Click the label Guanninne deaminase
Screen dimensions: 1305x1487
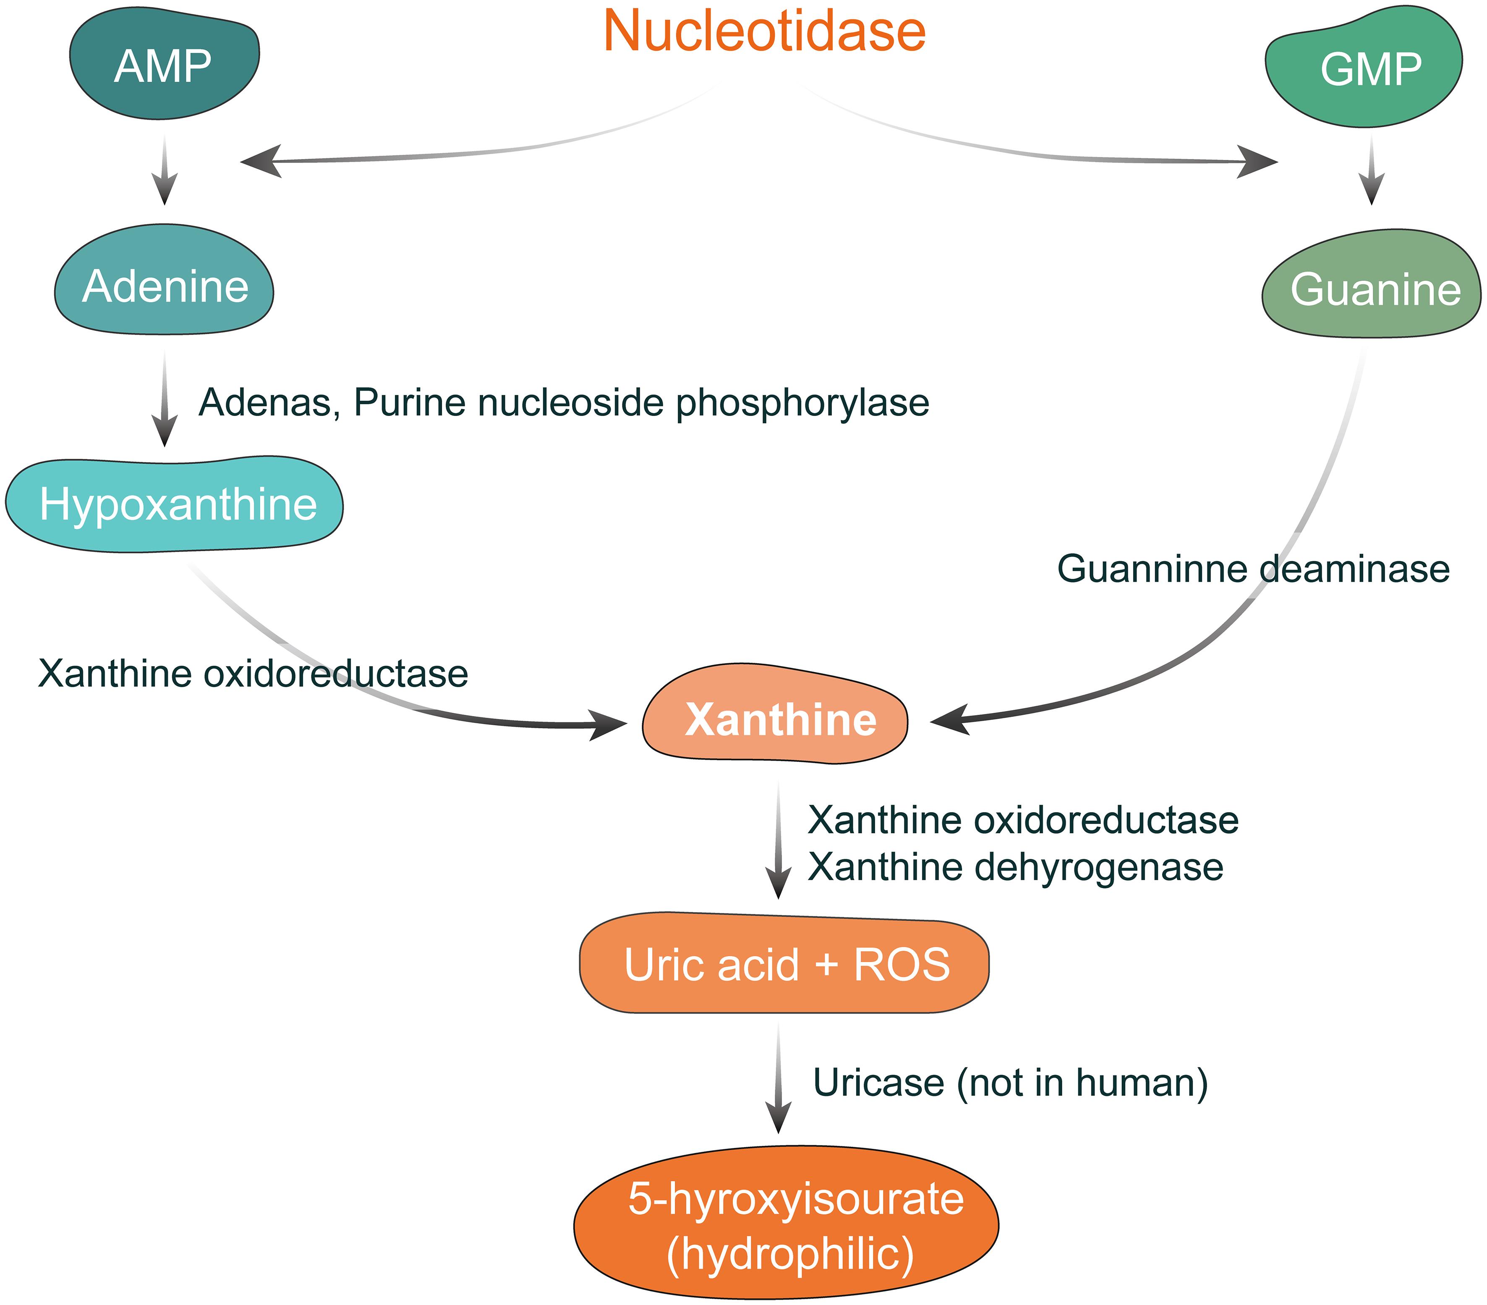[x=1253, y=569]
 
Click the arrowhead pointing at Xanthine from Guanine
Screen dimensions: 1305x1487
[x=949, y=720]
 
